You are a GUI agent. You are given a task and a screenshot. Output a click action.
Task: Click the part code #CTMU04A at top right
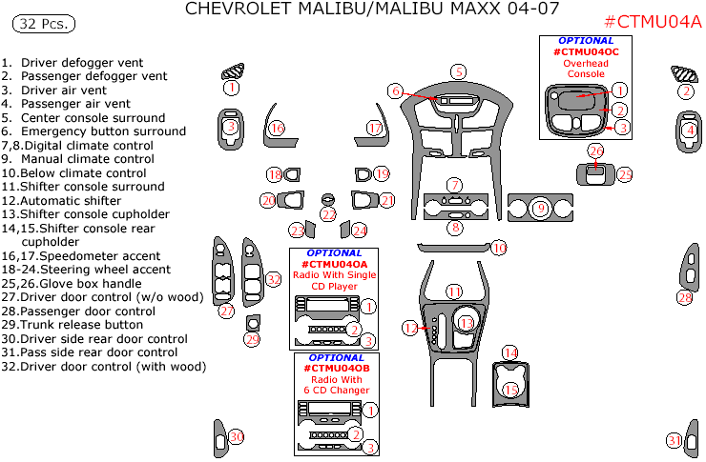point(654,23)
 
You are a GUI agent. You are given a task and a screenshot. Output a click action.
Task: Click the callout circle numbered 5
point(459,71)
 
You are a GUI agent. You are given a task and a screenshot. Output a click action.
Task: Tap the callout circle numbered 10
point(498,248)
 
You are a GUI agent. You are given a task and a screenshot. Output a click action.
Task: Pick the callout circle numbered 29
point(252,339)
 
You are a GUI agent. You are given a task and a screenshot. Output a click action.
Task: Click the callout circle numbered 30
point(236,436)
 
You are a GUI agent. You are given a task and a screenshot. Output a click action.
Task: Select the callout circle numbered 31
point(675,440)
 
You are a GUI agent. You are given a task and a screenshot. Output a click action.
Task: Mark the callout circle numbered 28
point(684,298)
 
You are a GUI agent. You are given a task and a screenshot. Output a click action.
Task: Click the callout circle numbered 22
point(328,215)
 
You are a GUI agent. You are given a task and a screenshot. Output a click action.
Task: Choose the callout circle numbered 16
point(277,128)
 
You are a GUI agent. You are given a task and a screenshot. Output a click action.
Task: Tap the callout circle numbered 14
point(510,353)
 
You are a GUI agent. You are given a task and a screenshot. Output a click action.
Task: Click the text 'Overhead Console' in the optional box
point(586,68)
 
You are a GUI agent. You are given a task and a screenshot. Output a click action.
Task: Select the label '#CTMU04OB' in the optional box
point(335,368)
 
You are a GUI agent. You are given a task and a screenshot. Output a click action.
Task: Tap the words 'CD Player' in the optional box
point(335,286)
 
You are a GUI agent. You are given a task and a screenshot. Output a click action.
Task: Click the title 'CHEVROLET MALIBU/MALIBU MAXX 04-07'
point(372,10)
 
